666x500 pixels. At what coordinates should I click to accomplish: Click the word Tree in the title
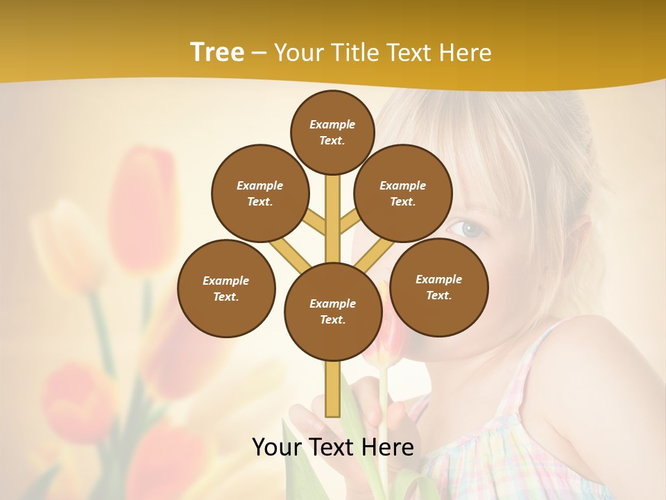(x=217, y=53)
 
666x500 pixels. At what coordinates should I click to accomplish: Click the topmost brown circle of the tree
(x=332, y=132)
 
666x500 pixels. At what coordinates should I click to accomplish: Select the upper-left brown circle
(x=260, y=193)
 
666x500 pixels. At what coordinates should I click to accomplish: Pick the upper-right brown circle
(x=403, y=193)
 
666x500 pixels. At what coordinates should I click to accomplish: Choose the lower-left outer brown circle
(x=226, y=288)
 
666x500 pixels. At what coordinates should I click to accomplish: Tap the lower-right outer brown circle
(x=438, y=287)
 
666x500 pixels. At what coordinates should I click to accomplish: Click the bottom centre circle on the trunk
(x=333, y=312)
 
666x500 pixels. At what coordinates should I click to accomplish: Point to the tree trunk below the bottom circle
(x=332, y=389)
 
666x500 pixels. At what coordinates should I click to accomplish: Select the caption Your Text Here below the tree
(x=332, y=447)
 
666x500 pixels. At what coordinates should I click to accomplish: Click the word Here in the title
(x=466, y=53)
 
